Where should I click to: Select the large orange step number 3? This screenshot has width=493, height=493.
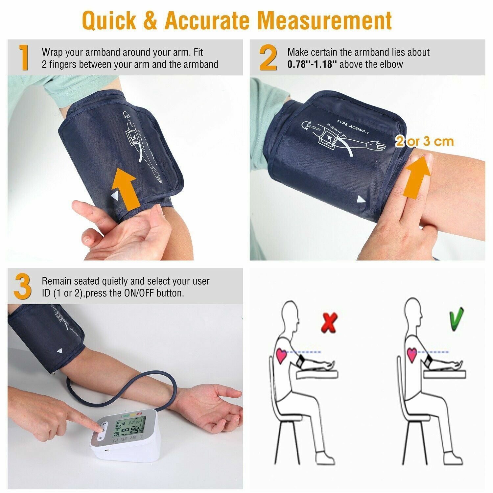(23, 287)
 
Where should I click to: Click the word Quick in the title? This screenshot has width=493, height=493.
(109, 20)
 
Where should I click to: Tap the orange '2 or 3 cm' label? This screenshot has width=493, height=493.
(424, 141)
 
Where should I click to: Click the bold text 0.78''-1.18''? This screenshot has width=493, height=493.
(312, 64)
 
